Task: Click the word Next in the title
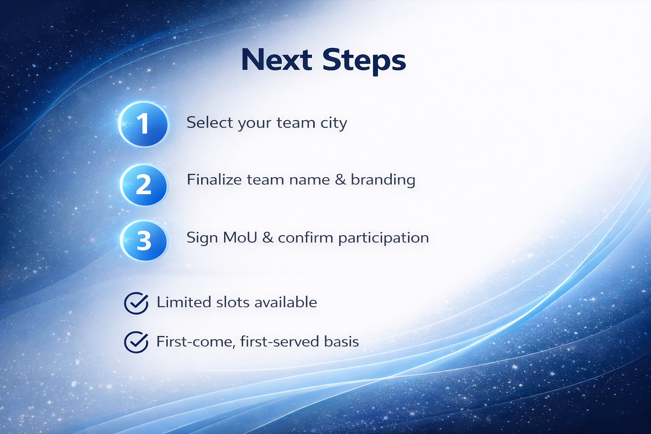click(276, 60)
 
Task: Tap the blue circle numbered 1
click(144, 124)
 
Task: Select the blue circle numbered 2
click(144, 185)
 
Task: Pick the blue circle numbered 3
click(144, 241)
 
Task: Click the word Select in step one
click(209, 122)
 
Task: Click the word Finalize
click(214, 179)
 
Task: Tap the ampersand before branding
click(340, 180)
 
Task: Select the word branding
click(383, 181)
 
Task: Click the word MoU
click(240, 238)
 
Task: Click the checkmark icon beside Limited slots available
click(136, 303)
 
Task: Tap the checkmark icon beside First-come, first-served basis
click(136, 342)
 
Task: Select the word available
click(286, 302)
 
